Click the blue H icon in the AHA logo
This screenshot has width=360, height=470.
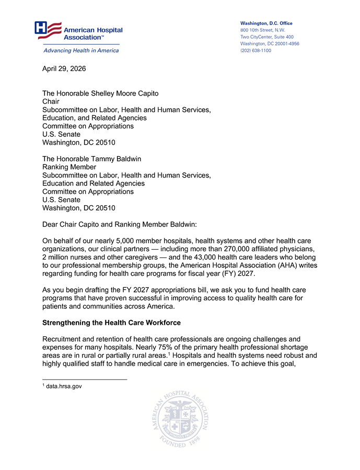tap(41, 28)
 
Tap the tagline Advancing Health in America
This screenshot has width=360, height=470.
tap(80, 51)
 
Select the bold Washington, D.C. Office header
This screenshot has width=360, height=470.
tap(266, 23)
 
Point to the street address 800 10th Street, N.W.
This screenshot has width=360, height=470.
tap(262, 30)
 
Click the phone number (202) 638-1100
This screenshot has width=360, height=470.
tap(256, 51)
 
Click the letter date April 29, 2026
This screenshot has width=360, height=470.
tap(64, 68)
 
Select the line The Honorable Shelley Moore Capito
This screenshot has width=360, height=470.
tap(100, 93)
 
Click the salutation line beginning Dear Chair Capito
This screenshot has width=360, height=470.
tap(119, 225)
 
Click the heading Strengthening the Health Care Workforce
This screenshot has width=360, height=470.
tap(111, 323)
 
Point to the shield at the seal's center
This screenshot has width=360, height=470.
tap(180, 420)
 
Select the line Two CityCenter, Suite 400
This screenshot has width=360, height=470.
tap(266, 37)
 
